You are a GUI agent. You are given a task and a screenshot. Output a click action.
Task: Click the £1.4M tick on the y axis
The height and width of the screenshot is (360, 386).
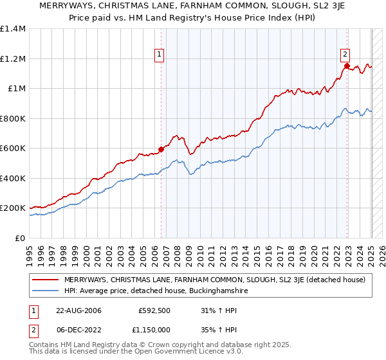tap(13, 29)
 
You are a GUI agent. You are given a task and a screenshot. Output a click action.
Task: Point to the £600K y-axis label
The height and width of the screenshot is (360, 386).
tap(13, 148)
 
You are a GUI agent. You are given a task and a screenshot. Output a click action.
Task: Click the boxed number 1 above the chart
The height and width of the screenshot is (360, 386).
tap(159, 55)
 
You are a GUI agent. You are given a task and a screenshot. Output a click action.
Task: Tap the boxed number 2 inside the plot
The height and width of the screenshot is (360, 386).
tap(345, 55)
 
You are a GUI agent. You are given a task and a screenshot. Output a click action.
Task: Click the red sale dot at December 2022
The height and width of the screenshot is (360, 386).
tap(347, 66)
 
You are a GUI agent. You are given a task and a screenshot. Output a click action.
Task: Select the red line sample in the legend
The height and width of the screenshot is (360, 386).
tap(47, 280)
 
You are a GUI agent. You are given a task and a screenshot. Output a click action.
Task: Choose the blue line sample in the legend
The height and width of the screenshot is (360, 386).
tap(47, 291)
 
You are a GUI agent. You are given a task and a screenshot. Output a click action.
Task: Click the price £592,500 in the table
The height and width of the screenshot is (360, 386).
tap(154, 311)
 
